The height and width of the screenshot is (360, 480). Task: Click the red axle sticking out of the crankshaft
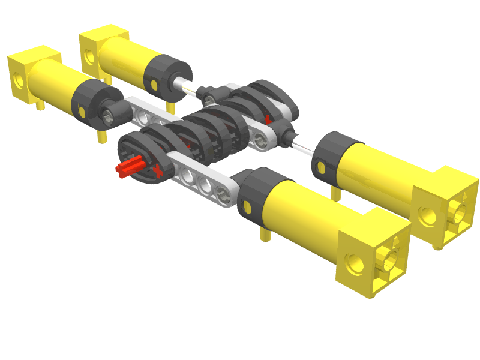click(x=127, y=169)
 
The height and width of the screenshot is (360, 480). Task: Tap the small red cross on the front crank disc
click(x=158, y=172)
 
